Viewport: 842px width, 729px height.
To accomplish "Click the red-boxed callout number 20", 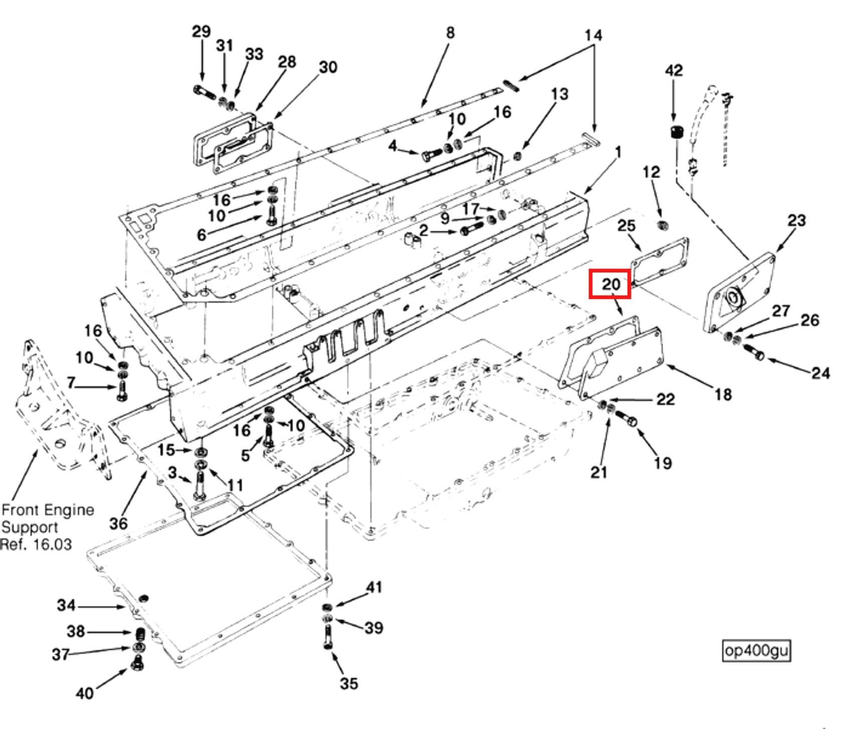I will click(x=610, y=284).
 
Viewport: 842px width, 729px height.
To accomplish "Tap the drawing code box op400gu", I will click(x=756, y=651).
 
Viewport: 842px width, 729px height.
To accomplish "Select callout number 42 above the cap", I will click(x=673, y=70).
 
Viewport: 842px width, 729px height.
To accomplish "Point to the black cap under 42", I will click(x=677, y=132).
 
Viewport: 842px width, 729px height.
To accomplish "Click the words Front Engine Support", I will click(x=47, y=518).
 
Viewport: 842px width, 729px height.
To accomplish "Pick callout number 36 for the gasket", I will click(x=118, y=523).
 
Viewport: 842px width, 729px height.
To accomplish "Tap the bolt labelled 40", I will click(x=137, y=665).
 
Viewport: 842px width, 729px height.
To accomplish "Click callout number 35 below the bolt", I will click(x=348, y=683).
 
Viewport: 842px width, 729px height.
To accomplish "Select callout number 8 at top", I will click(x=450, y=33).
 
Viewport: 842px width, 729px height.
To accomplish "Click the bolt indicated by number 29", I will click(x=204, y=92).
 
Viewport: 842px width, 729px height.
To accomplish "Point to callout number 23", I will click(x=796, y=220).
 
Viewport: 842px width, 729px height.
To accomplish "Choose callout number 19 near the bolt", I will click(x=662, y=463).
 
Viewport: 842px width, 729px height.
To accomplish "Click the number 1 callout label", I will click(x=618, y=152).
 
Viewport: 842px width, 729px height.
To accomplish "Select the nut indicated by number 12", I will click(x=663, y=225).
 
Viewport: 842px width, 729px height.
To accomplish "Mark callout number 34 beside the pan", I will click(x=66, y=606).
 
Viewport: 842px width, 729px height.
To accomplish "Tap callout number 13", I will click(x=559, y=94).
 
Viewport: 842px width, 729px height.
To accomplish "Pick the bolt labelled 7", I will click(x=122, y=391).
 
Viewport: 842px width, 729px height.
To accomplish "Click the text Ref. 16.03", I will click(x=36, y=544).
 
